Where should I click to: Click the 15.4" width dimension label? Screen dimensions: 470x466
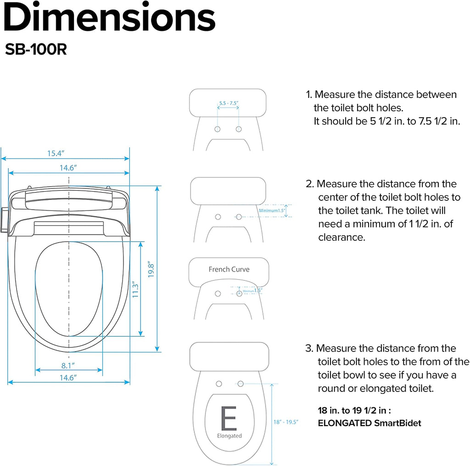click(56, 153)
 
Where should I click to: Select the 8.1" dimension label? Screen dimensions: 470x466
click(68, 365)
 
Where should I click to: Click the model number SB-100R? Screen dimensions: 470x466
click(36, 49)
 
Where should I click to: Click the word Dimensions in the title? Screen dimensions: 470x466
click(109, 17)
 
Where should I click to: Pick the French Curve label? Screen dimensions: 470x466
click(229, 269)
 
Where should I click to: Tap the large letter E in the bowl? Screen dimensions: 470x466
click(229, 418)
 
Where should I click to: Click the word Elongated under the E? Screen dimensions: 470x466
click(229, 436)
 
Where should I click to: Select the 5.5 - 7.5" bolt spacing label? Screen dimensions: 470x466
click(229, 103)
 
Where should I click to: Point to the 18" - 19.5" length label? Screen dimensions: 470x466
click(285, 422)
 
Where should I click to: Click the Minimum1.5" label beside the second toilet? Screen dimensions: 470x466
click(272, 210)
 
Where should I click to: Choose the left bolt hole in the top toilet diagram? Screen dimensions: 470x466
click(217, 129)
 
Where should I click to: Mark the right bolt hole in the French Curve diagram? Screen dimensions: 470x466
click(239, 294)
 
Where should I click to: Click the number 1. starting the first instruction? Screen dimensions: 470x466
click(309, 95)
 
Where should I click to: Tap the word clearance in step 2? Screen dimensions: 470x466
click(341, 237)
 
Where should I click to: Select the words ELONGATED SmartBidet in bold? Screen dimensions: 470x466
click(369, 423)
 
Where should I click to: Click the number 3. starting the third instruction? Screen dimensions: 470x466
click(309, 348)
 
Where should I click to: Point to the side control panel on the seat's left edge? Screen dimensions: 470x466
click(4, 220)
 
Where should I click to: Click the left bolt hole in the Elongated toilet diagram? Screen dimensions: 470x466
click(219, 384)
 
